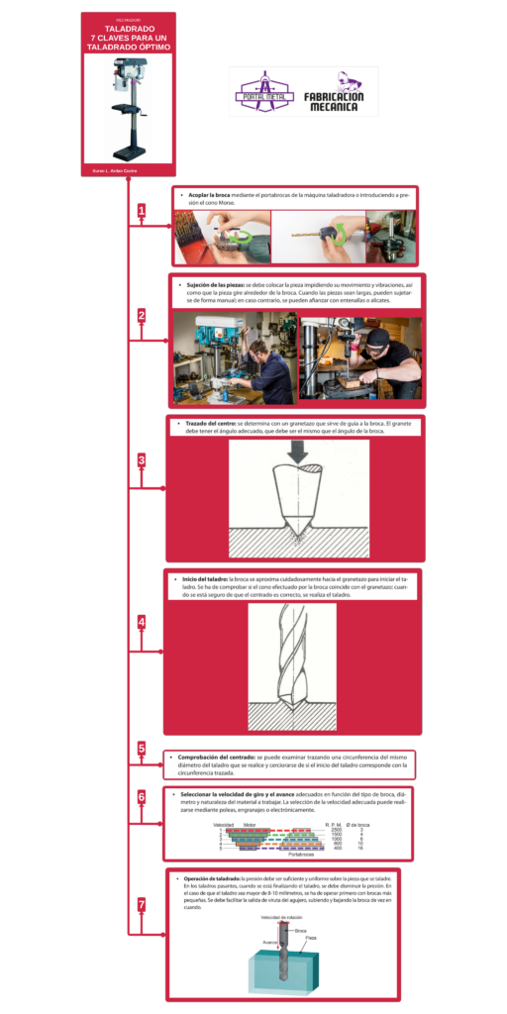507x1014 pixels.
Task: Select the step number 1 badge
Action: [142, 211]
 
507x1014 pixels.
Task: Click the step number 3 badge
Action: [142, 460]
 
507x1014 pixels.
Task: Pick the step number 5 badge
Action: [142, 749]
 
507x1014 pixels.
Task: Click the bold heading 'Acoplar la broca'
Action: [209, 195]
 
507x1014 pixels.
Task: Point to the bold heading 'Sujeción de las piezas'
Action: [215, 284]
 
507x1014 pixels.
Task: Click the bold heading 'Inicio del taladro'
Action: [205, 578]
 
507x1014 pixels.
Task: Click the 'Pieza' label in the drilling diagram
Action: [310, 938]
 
